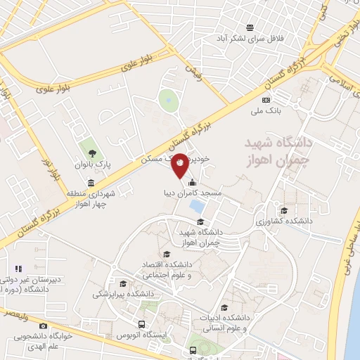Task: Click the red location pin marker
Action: (180, 164)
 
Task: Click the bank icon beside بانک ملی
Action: (256, 111)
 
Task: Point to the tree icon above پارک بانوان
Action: (91, 153)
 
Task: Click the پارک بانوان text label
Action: (94, 164)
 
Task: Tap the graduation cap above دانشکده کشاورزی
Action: (284, 191)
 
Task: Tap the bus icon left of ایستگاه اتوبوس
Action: (142, 326)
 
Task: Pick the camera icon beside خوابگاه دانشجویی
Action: (44, 326)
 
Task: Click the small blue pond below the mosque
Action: (198, 188)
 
